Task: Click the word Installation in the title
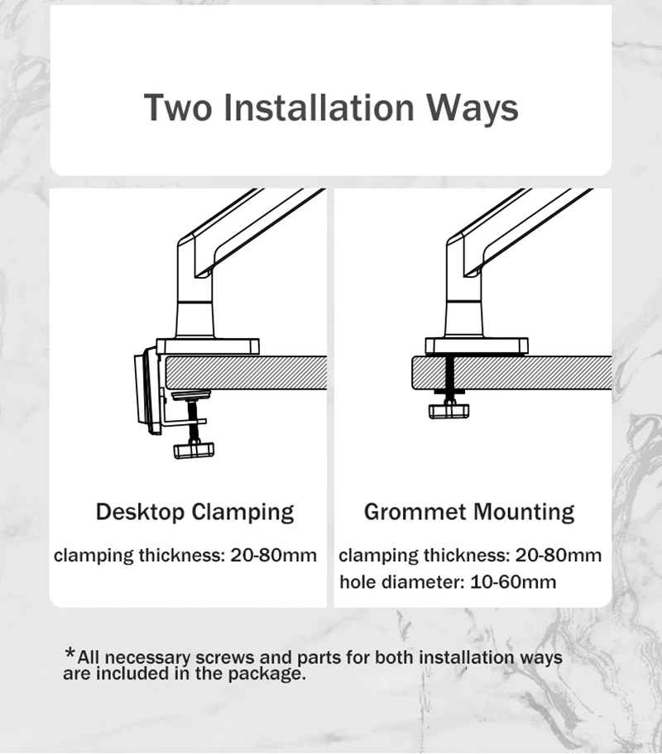pos(319,107)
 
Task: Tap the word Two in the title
pos(178,107)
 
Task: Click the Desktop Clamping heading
pos(194,513)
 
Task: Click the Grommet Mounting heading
pos(469,513)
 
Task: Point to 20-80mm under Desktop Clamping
pos(273,556)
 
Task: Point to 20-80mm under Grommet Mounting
pos(559,556)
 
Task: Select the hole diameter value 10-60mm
pos(513,582)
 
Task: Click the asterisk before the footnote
pos(70,652)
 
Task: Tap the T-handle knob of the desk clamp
pos(194,451)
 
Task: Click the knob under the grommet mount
pos(449,411)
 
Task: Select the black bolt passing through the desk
pos(449,373)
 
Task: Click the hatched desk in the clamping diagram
pos(246,373)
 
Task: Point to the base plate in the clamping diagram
pos(208,346)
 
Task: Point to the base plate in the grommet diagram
pos(477,346)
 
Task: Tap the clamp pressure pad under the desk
pos(191,396)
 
